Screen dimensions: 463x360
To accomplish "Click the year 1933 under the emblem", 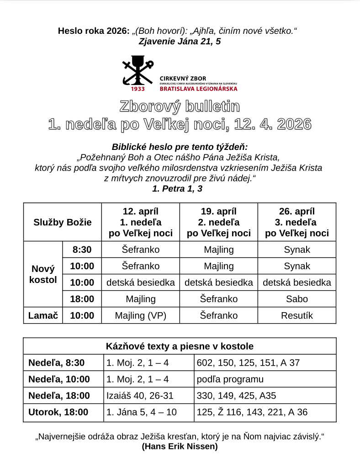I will point(138,89).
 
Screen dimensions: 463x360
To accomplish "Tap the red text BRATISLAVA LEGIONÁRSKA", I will point(198,89).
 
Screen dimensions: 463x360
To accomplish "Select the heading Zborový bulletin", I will point(180,106).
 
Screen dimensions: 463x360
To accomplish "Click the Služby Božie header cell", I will point(63,222).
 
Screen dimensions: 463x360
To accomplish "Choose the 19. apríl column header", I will point(218,222).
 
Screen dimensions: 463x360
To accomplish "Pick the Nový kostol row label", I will point(43,274).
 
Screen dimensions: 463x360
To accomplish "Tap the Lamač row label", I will point(43,315).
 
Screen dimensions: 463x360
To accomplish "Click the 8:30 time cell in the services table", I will point(82,250).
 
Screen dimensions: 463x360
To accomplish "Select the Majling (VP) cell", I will point(140,315).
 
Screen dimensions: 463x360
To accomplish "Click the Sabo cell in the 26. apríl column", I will point(297,299).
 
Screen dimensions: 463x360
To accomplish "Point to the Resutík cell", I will point(297,315).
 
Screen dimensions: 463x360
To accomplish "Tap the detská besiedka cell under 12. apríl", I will point(140,282).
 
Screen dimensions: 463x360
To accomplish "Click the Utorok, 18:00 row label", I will point(58,412).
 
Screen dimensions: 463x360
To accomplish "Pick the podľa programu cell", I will point(230,379).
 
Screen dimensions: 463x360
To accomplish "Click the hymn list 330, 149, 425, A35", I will point(236,396).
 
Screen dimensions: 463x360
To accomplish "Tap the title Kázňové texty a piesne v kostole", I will point(180,346).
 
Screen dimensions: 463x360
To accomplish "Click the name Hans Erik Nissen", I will point(180,447).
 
